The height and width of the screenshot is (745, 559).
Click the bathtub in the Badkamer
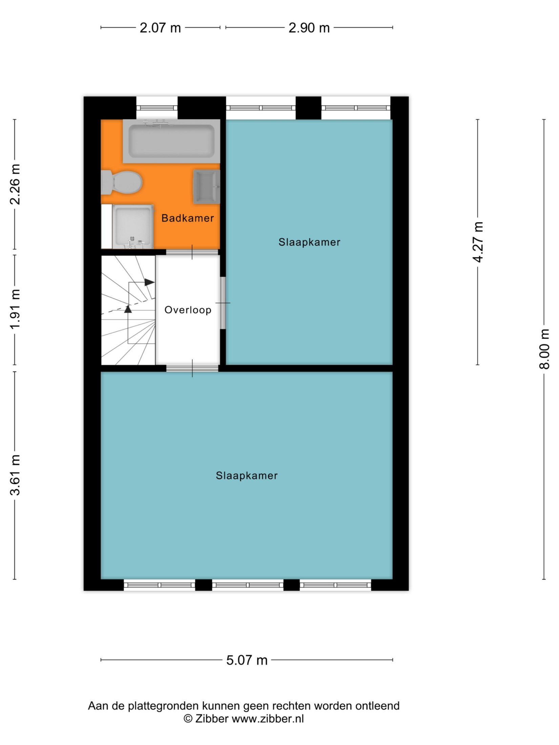171,141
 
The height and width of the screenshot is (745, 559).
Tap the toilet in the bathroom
121,182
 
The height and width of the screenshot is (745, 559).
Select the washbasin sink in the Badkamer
207,187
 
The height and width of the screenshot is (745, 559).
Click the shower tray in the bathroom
133,227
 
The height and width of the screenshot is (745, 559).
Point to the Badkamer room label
188,218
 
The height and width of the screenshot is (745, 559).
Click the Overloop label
188,310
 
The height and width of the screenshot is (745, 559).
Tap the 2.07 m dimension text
160,28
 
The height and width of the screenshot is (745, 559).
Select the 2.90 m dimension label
309,28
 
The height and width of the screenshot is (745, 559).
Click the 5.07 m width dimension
247,660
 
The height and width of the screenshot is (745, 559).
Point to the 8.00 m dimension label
544,349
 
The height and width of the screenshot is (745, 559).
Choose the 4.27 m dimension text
478,242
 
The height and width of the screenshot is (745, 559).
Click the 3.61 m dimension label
15,475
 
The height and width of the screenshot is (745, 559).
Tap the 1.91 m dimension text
15,309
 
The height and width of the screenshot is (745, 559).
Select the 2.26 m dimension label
15,184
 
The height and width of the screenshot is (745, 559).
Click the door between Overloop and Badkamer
192,252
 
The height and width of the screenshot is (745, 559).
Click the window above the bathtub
157,108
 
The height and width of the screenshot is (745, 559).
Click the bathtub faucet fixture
158,123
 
